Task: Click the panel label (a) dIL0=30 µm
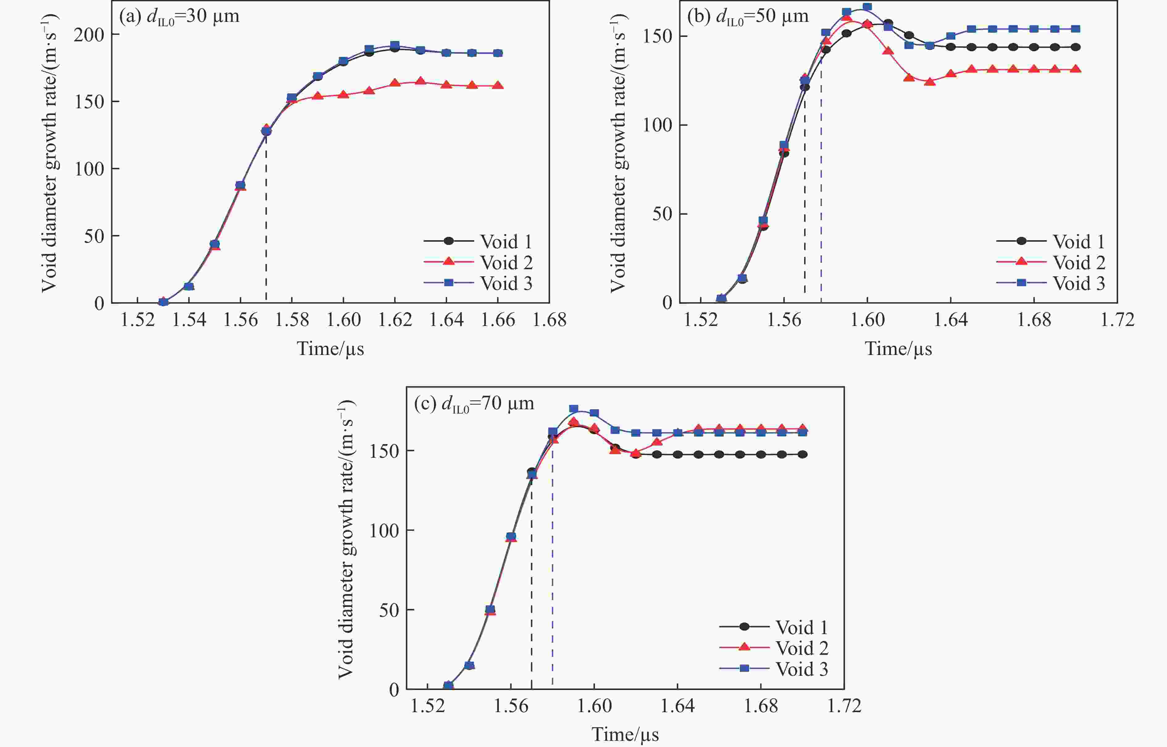pos(179,16)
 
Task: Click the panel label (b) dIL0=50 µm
pos(747,16)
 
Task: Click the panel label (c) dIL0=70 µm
pos(474,404)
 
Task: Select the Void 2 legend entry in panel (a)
pos(506,262)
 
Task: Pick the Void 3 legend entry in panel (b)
pos(1078,283)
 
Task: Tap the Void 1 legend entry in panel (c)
pos(801,627)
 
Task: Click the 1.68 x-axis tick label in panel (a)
pos(549,320)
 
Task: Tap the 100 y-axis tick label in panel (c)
pos(384,531)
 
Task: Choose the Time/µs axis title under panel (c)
pos(625,734)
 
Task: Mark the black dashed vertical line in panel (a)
pos(266,218)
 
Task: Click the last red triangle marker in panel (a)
pos(498,85)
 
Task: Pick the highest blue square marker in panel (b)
pos(867,7)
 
